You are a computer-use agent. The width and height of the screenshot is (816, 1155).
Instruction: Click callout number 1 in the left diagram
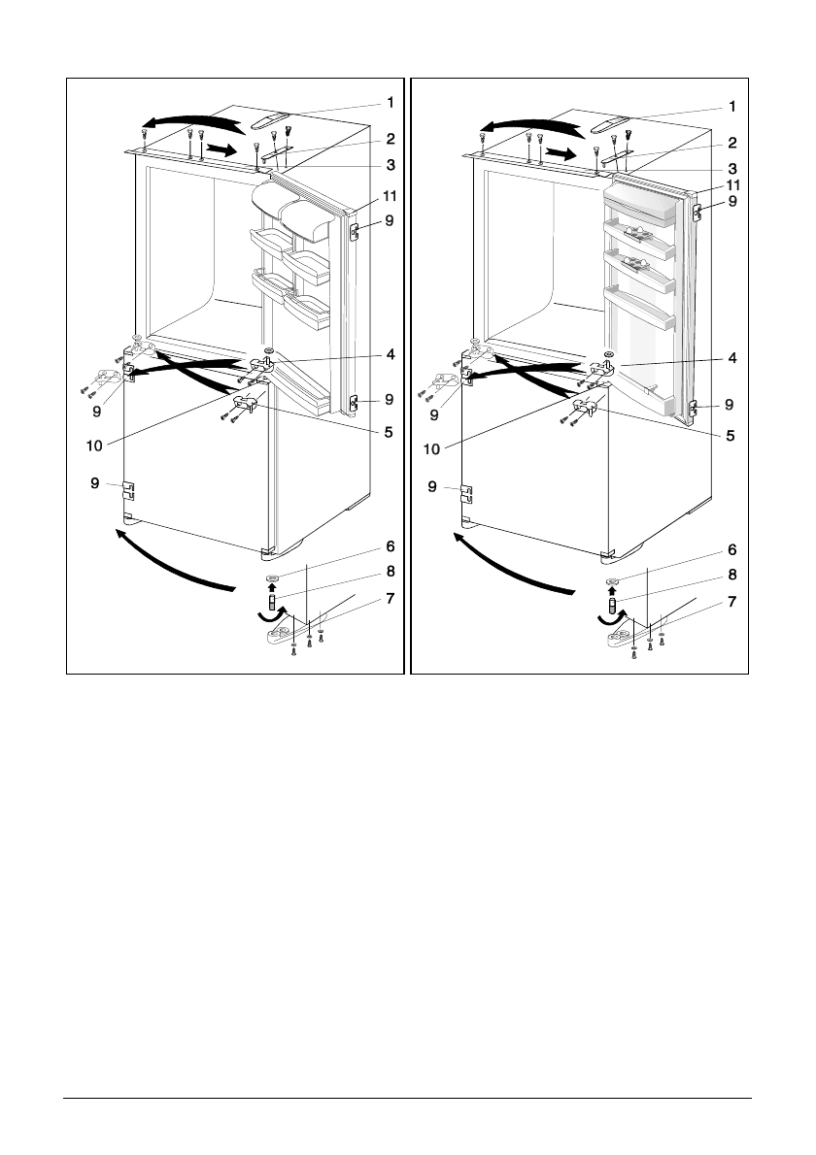tap(390, 102)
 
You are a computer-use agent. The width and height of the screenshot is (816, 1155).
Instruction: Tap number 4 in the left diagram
tap(390, 355)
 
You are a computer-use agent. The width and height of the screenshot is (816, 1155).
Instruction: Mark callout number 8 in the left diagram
tap(390, 573)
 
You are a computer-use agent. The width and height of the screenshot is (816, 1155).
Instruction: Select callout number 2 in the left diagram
tap(390, 139)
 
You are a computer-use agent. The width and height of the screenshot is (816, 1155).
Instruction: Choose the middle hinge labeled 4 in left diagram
tap(264, 363)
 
